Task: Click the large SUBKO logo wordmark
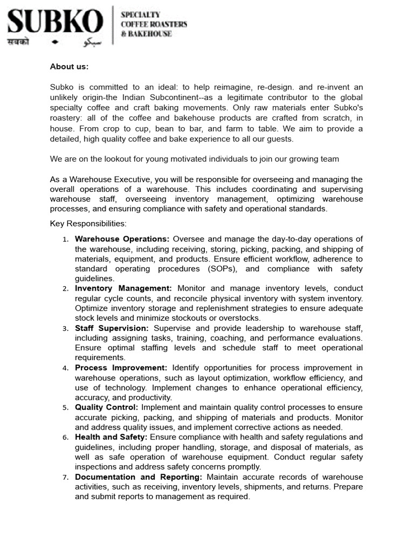tap(55, 22)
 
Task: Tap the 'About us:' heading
tap(69, 67)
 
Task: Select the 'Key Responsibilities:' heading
tap(88, 224)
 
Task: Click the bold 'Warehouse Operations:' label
tap(122, 239)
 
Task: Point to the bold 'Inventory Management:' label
tap(123, 288)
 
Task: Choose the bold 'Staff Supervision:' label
tap(112, 328)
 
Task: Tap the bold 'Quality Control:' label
tap(107, 408)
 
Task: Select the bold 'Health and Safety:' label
tap(111, 437)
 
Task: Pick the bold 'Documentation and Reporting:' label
tap(139, 477)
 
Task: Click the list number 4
tap(65, 369)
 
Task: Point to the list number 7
tap(65, 478)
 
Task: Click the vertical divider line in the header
tap(112, 25)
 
